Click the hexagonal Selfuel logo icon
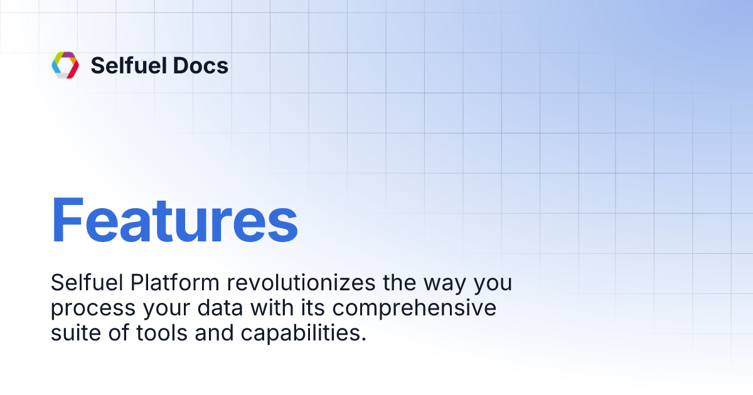point(65,65)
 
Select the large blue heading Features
point(174,221)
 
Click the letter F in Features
point(68,221)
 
